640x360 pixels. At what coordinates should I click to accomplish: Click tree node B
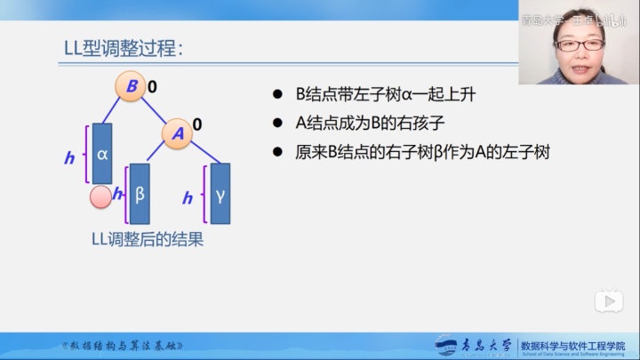[130, 86]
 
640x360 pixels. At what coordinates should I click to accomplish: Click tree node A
[178, 133]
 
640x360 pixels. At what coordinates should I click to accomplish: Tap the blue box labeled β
[140, 194]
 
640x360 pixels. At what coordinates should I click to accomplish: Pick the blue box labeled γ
[220, 194]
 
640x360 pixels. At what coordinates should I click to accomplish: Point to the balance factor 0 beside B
[152, 87]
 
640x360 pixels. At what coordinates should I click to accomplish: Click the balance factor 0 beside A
[197, 124]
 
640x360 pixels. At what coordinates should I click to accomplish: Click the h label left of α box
[69, 158]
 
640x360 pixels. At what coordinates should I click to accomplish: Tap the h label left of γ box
[188, 198]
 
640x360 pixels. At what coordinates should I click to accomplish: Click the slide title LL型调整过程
[123, 48]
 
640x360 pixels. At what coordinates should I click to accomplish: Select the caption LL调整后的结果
[148, 239]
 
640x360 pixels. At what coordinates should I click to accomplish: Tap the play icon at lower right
[609, 301]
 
